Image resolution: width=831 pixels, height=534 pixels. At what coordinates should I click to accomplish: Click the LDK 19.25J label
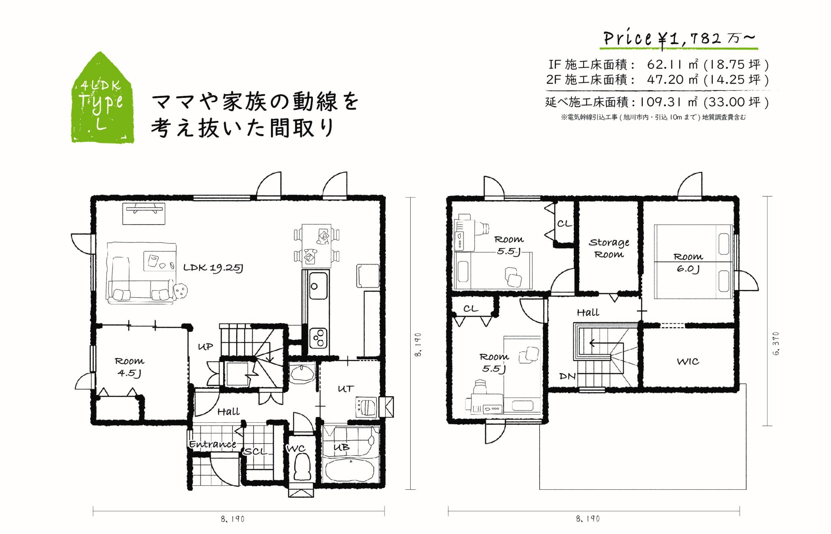(x=213, y=268)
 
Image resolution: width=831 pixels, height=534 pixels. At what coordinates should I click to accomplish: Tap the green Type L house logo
(x=102, y=98)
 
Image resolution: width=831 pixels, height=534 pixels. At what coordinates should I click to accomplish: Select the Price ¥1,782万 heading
(x=680, y=39)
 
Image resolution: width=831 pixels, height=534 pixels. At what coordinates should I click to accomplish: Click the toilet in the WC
(x=301, y=467)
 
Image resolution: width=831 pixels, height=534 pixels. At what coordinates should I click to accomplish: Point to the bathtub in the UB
(x=350, y=470)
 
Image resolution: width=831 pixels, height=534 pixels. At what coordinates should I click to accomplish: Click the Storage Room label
(x=609, y=248)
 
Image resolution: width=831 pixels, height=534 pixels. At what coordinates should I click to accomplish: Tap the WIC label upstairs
(x=688, y=361)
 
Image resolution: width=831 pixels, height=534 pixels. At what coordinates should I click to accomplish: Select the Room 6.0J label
(x=688, y=263)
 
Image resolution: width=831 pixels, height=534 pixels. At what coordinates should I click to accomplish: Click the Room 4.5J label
(x=129, y=367)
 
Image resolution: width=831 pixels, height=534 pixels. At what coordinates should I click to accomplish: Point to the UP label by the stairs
(x=205, y=347)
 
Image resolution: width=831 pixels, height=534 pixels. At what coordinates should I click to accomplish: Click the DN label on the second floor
(x=567, y=376)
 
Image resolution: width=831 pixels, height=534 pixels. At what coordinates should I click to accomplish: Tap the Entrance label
(x=213, y=444)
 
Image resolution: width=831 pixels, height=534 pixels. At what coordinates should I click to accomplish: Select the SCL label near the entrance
(x=256, y=452)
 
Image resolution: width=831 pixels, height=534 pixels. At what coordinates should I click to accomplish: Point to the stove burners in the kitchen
(x=319, y=338)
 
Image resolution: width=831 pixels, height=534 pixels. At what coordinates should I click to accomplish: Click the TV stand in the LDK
(x=144, y=214)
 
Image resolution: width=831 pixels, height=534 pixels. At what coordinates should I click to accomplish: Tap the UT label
(x=346, y=389)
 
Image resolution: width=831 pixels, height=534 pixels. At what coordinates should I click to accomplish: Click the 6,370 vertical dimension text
(x=776, y=344)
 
